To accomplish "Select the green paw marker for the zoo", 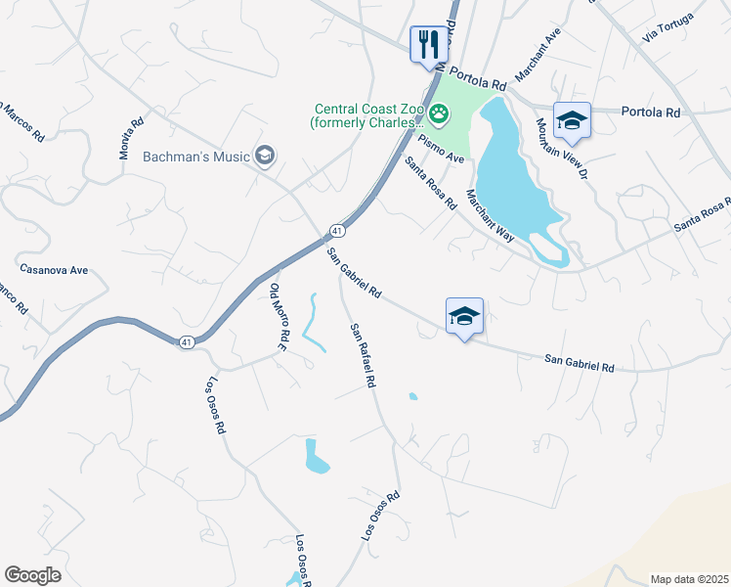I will [x=440, y=116].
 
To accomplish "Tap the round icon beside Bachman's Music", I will [x=264, y=156].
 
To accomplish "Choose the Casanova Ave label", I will [x=54, y=268].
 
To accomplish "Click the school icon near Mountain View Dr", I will [x=572, y=121].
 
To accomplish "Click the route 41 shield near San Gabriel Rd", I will [x=336, y=230].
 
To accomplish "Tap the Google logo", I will [x=32, y=575].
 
